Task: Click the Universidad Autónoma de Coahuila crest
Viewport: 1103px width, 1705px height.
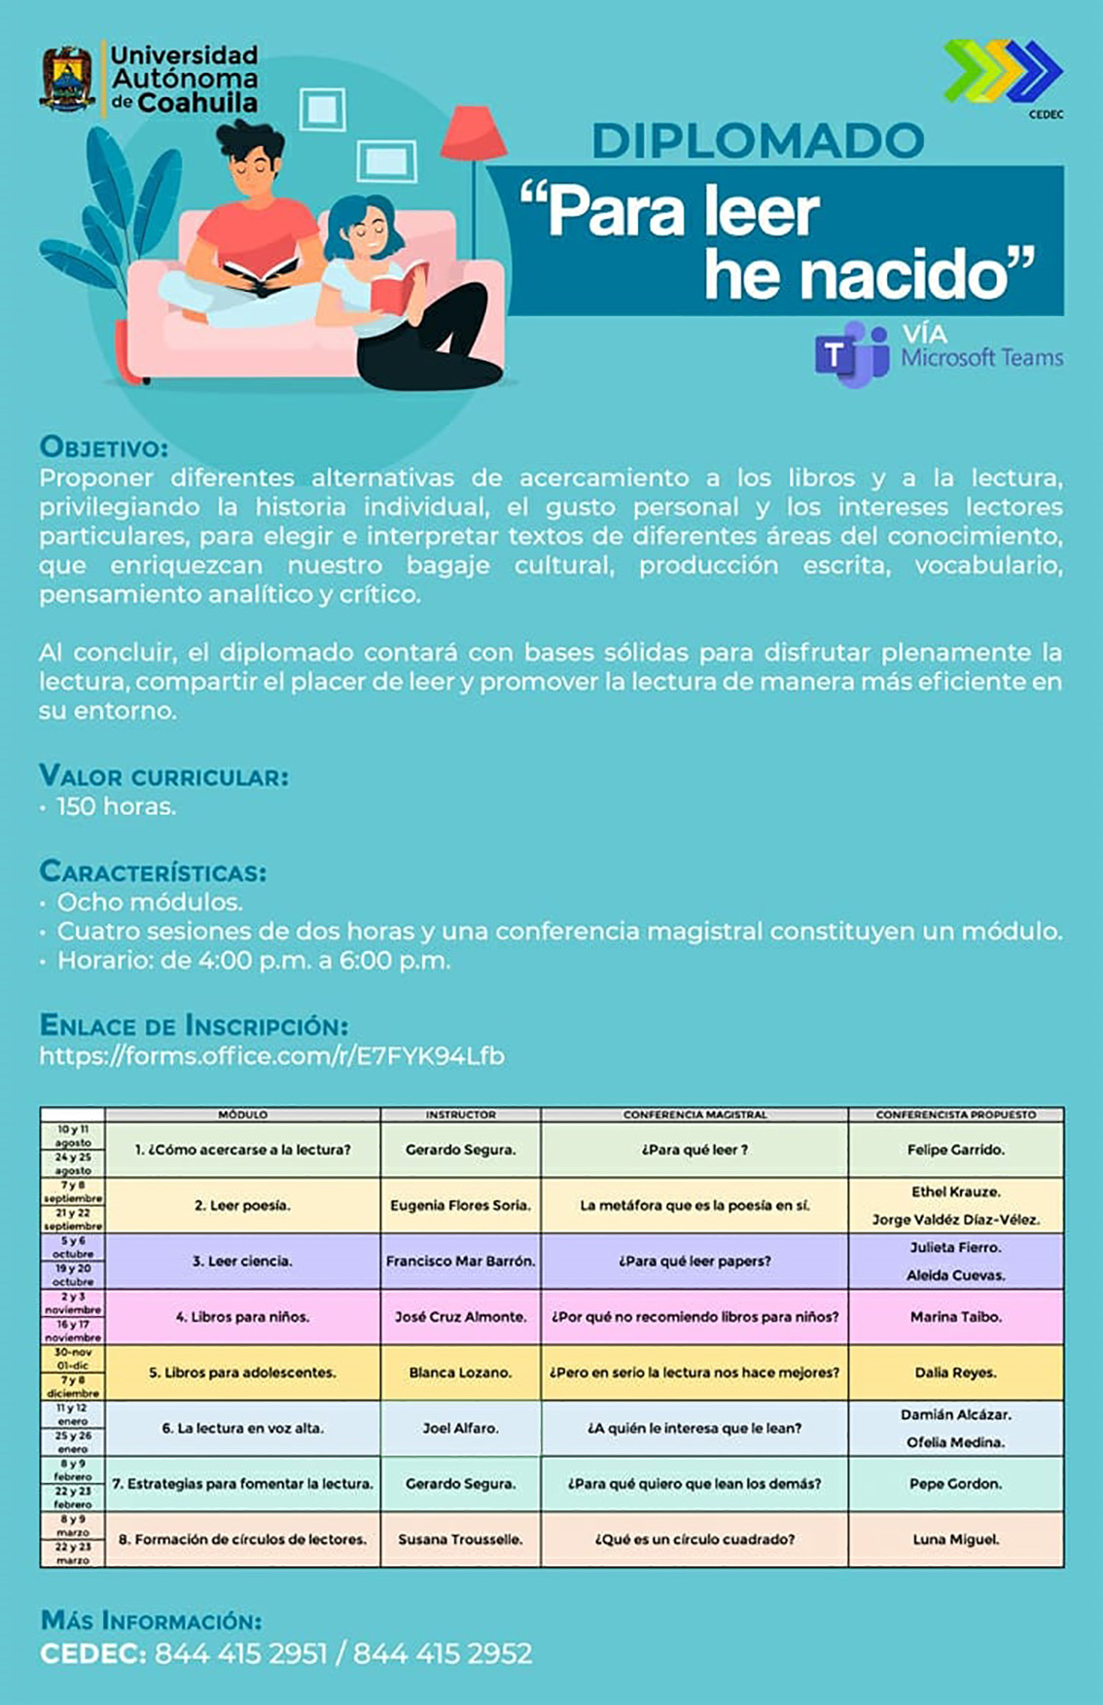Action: [x=67, y=78]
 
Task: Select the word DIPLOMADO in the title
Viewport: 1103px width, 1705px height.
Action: [x=758, y=141]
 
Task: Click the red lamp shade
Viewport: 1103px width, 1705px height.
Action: [x=473, y=133]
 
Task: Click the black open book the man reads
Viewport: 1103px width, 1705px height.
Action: [x=260, y=276]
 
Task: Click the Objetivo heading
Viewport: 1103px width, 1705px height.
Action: [x=103, y=447]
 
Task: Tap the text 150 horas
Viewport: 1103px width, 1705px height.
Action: [x=116, y=806]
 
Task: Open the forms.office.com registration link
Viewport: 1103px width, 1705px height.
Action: [x=271, y=1056]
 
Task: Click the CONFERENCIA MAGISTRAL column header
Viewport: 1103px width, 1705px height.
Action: [x=694, y=1115]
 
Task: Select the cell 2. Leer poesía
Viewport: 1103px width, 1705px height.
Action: [x=242, y=1205]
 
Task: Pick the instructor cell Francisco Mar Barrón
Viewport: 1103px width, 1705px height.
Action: [x=460, y=1261]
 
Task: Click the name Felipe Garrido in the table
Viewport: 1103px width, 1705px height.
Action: [x=955, y=1150]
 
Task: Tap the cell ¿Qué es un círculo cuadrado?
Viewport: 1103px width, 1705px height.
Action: [x=694, y=1539]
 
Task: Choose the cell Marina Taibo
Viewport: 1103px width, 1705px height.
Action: [x=955, y=1317]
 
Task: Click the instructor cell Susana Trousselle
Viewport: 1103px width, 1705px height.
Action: [x=460, y=1539]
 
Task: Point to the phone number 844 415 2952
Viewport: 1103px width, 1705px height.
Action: [x=443, y=1653]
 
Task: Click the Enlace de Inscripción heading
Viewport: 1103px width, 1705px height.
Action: [x=194, y=1025]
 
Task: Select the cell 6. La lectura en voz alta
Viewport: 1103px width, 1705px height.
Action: [x=242, y=1428]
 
